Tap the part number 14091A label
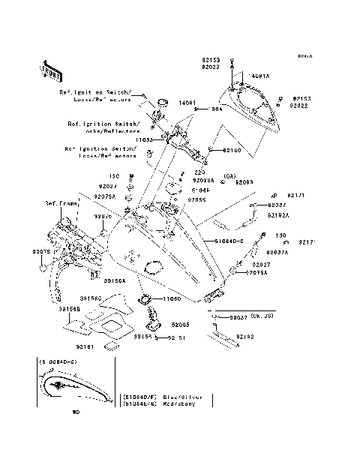pyautogui.click(x=260, y=76)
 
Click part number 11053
pyautogui.click(x=145, y=139)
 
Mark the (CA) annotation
pyautogui.click(x=208, y=175)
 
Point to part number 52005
pyautogui.click(x=181, y=325)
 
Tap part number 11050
pyautogui.click(x=172, y=298)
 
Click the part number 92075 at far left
pyautogui.click(x=42, y=251)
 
